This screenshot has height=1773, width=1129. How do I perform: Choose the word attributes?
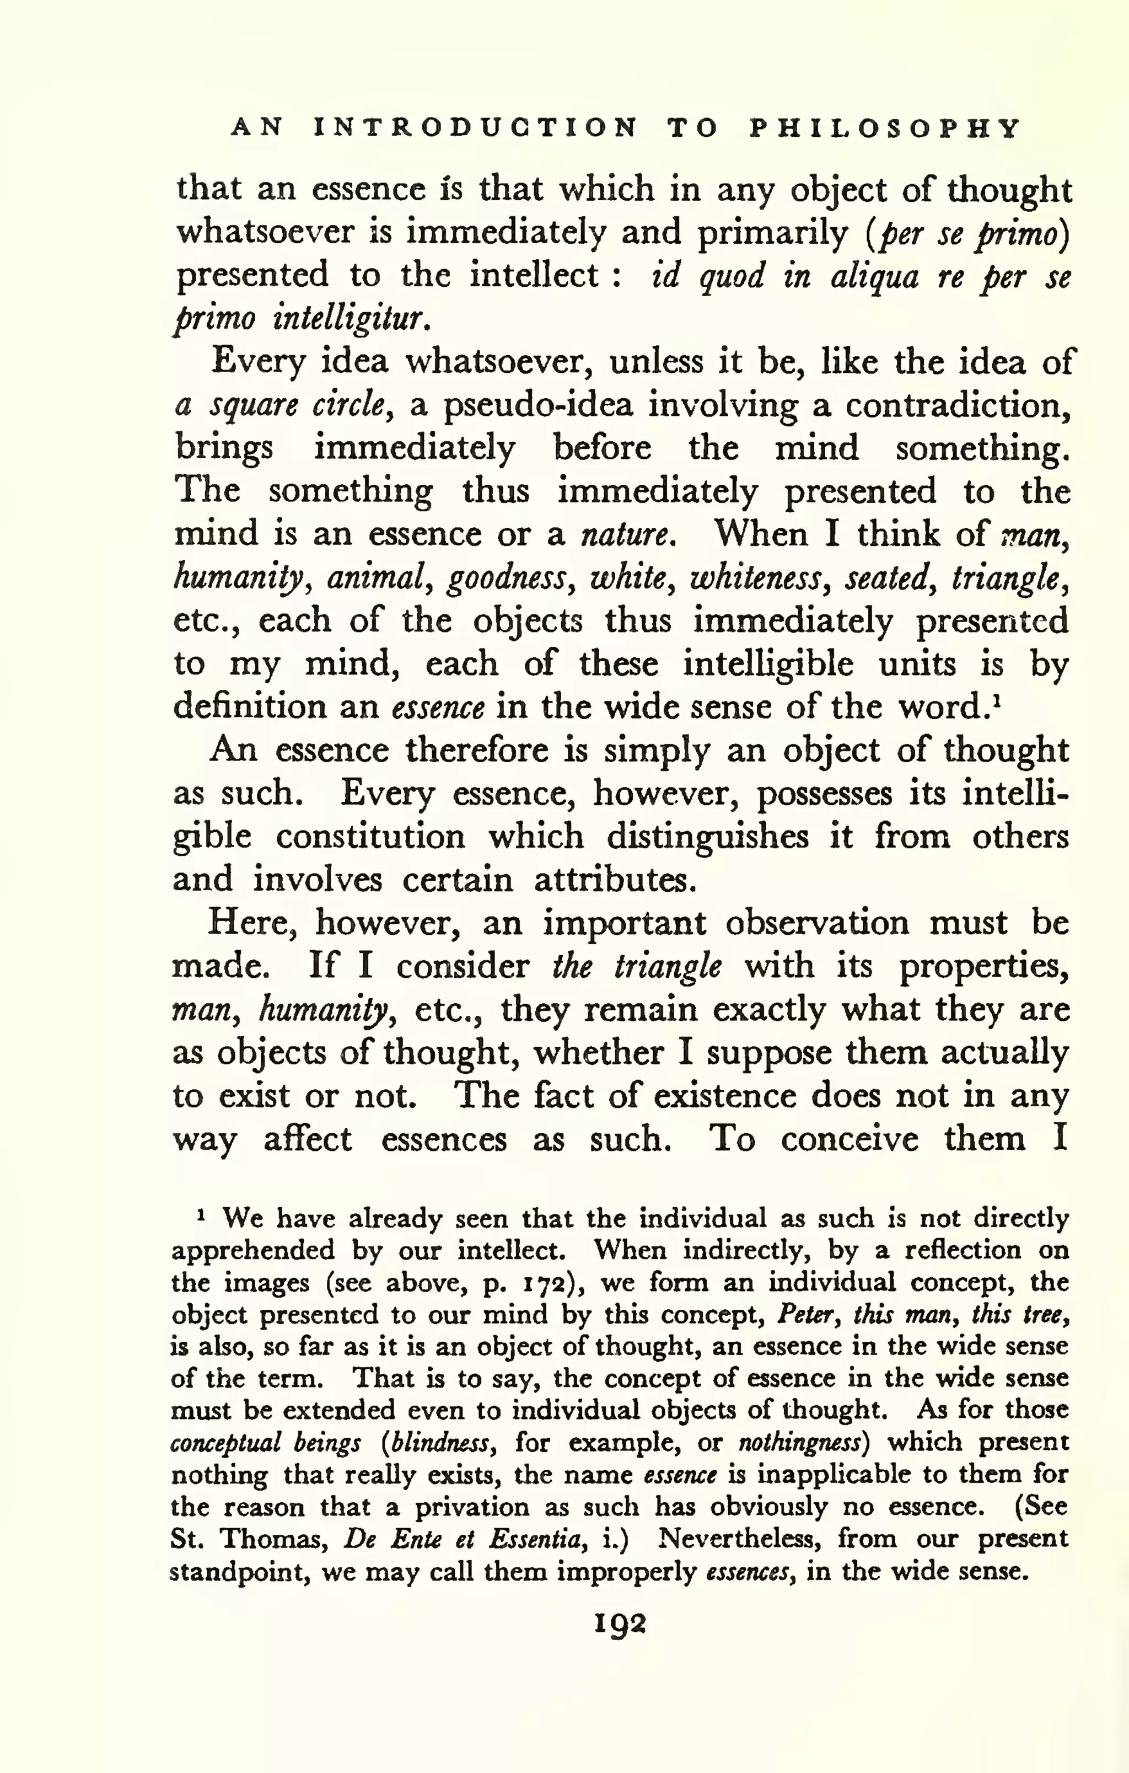[x=614, y=880]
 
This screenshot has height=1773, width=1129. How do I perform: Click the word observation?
[x=817, y=923]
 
